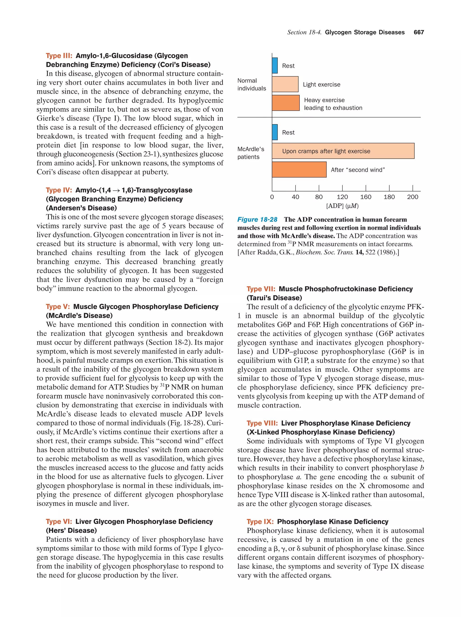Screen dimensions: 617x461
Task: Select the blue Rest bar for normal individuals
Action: pos(275,66)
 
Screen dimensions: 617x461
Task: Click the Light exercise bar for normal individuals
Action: pos(285,84)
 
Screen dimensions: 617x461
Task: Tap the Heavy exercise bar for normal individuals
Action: pos(286,103)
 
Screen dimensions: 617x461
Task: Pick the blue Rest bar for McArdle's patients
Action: pos(275,132)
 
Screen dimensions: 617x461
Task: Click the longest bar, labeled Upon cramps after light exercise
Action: pos(343,151)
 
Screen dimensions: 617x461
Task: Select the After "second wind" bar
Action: pos(299,170)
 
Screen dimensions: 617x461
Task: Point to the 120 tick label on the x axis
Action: pos(342,197)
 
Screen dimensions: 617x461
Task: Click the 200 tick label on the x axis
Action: pos(412,197)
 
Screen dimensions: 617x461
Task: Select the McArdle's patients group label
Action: pos(251,153)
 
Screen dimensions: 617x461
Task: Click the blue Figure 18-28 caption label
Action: pos(257,219)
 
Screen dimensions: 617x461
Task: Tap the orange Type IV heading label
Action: pos(59,190)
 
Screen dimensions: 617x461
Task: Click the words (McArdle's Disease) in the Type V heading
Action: pos(79,315)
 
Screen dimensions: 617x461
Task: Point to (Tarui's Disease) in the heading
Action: pos(274,298)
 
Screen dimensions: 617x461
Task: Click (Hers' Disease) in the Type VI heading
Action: pos(71,531)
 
